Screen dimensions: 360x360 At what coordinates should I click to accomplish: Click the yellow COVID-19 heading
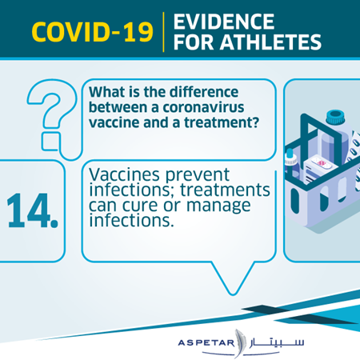click(92, 32)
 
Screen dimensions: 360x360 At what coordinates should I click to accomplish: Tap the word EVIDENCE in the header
click(224, 22)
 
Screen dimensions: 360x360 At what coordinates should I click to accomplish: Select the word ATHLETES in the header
click(270, 42)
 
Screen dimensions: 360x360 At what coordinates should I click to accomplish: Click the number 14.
click(32, 210)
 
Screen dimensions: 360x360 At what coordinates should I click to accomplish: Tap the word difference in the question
click(204, 92)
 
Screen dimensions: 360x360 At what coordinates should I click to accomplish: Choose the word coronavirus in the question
click(203, 107)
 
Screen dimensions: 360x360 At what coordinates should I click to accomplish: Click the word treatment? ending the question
click(222, 122)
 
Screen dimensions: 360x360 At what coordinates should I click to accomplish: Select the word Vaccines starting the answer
click(125, 175)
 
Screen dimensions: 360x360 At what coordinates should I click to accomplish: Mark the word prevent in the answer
click(198, 175)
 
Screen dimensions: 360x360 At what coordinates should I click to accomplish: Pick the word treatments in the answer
click(225, 190)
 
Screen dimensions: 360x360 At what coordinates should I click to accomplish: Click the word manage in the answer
click(218, 206)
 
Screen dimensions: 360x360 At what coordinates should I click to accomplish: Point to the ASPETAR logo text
click(206, 342)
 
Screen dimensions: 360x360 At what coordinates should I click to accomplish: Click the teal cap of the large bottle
click(335, 118)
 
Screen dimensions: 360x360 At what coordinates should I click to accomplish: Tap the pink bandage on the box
click(322, 163)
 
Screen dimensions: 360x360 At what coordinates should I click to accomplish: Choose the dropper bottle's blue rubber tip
click(290, 153)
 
